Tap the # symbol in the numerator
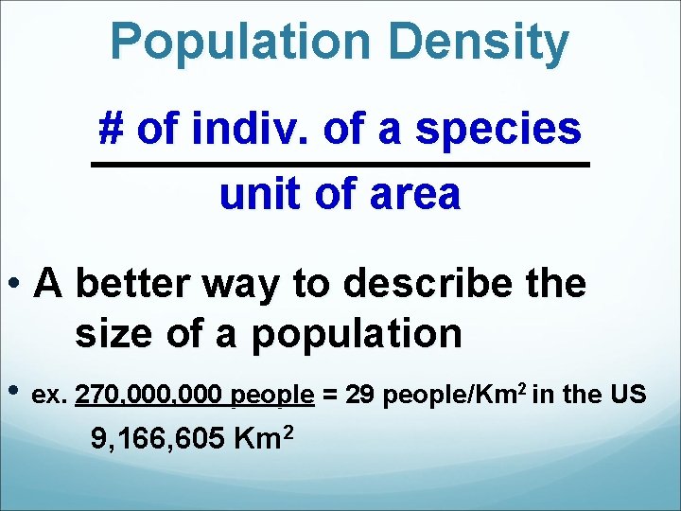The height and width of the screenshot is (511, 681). (x=113, y=131)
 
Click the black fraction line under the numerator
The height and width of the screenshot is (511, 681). (x=340, y=166)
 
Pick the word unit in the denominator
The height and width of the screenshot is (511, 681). (x=250, y=195)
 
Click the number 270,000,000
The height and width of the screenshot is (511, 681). (x=148, y=395)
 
